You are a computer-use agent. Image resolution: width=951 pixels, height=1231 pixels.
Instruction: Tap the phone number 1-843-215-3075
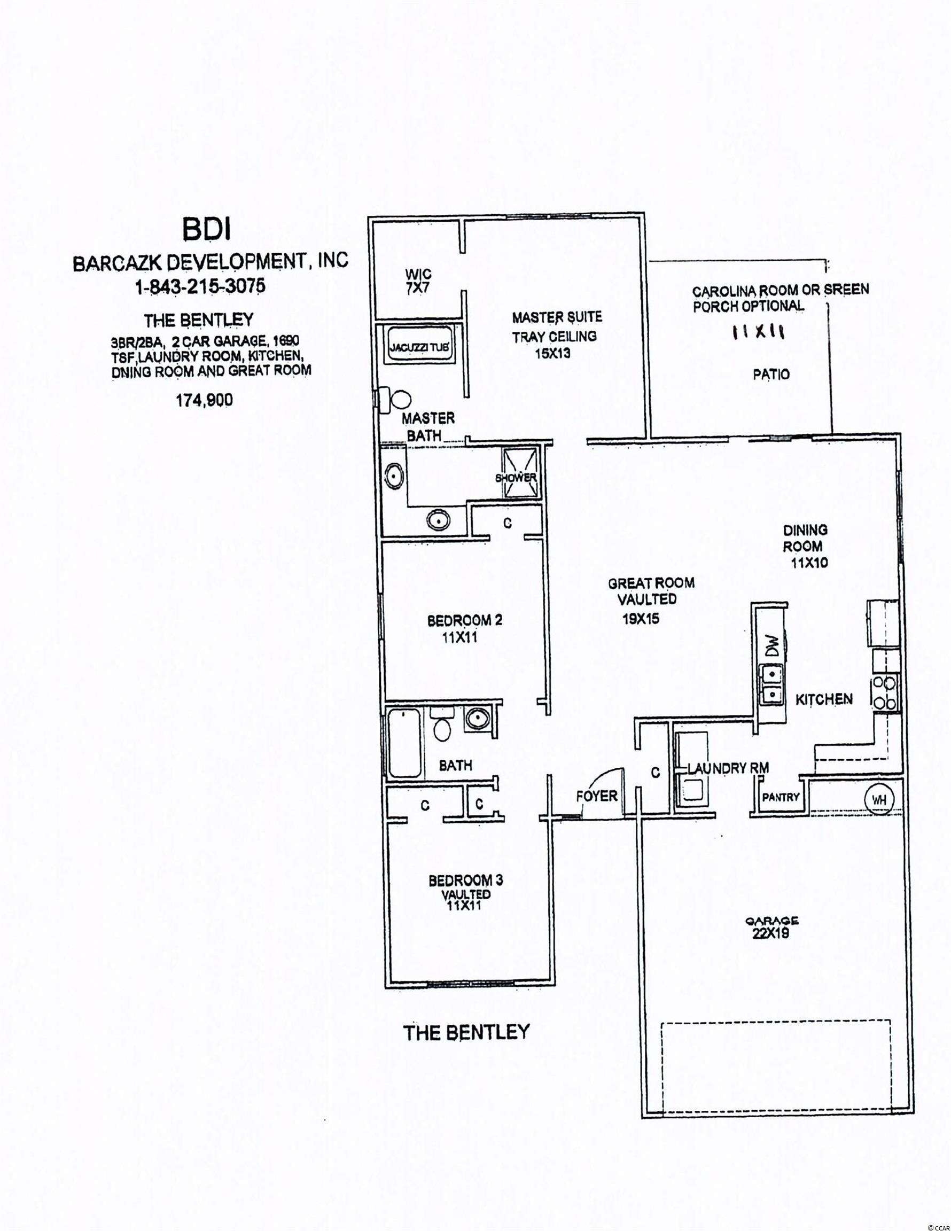(x=200, y=286)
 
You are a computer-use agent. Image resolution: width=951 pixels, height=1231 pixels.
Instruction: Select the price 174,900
(x=204, y=400)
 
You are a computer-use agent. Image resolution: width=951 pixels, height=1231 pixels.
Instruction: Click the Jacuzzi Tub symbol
(x=420, y=347)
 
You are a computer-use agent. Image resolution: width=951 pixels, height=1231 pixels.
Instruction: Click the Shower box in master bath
(x=515, y=476)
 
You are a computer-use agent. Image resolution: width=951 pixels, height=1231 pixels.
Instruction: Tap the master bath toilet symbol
(x=397, y=400)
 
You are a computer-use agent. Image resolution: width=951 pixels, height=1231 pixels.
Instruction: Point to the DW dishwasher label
(x=773, y=645)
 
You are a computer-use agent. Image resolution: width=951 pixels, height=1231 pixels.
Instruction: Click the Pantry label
(x=781, y=798)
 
